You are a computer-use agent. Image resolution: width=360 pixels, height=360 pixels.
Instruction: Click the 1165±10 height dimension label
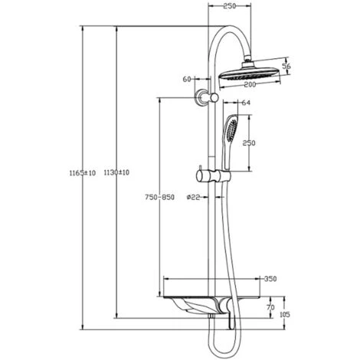(80, 173)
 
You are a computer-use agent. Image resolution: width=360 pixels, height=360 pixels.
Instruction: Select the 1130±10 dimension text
(116, 173)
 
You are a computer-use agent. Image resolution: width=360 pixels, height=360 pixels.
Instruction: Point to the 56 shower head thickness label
(287, 67)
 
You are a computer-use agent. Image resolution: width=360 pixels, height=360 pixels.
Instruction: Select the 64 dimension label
(246, 103)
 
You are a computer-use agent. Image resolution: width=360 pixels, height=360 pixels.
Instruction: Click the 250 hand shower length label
(249, 143)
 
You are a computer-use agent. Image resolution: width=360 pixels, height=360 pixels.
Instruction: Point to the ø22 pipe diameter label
(195, 198)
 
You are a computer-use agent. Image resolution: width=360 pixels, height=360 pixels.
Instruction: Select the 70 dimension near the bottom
(270, 308)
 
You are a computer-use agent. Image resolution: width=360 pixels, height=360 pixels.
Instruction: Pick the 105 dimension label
(284, 314)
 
